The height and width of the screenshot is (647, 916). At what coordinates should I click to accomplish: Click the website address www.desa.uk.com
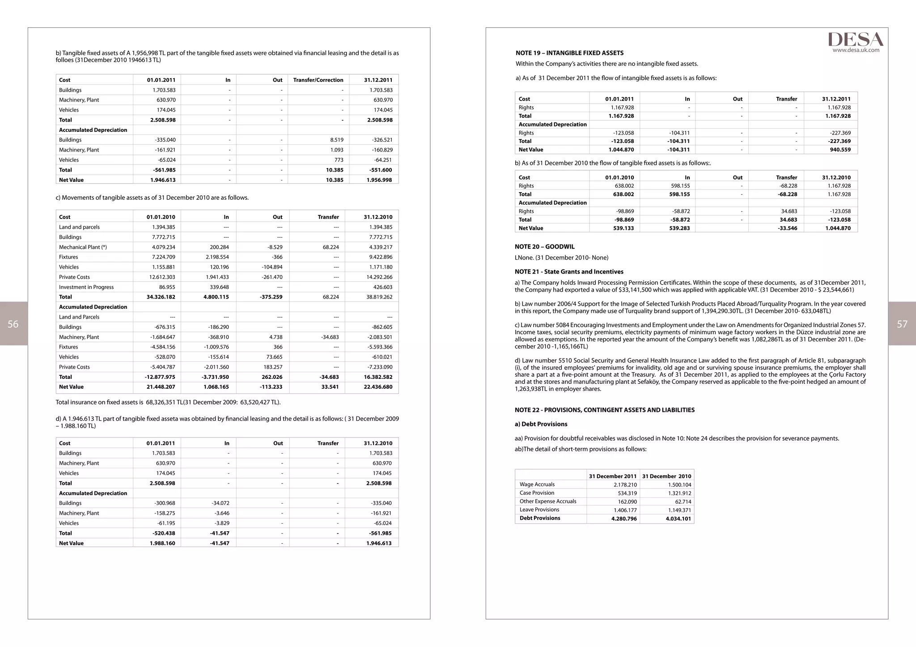click(x=856, y=50)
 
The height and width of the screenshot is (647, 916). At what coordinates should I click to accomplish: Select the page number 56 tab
click(x=13, y=324)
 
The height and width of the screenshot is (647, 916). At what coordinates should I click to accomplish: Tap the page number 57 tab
click(x=902, y=324)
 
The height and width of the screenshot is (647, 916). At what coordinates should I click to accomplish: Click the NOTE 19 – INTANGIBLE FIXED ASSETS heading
click(x=569, y=53)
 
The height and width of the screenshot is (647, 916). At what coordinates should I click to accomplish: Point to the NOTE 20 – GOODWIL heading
click(x=544, y=247)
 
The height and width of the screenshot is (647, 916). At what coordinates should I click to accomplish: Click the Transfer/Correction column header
click(x=318, y=80)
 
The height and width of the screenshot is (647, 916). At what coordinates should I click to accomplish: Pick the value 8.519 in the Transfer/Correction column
click(x=336, y=140)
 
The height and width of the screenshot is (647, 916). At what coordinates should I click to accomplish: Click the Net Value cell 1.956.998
click(x=379, y=180)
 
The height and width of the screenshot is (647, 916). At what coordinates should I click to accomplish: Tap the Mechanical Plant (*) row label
click(x=83, y=247)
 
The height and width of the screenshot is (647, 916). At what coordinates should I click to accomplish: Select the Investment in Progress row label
click(x=86, y=287)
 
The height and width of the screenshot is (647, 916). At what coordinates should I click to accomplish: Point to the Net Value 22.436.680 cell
click(x=378, y=387)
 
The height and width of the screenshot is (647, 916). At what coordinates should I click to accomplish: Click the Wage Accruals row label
click(x=537, y=484)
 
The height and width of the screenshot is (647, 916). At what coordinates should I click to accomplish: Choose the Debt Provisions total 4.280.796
click(x=623, y=519)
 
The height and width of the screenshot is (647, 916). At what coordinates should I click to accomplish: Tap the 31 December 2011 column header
click(x=612, y=476)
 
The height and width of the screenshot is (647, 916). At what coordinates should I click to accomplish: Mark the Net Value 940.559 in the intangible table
click(x=840, y=150)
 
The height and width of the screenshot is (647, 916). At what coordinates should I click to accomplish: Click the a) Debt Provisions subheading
click(x=541, y=424)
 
